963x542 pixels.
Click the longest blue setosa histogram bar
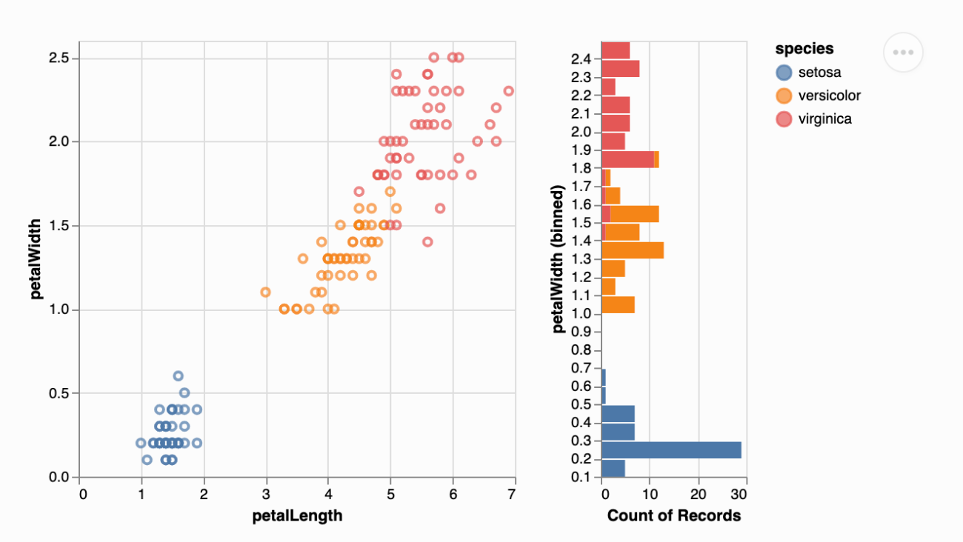pyautogui.click(x=671, y=450)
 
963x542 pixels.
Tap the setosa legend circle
pyautogui.click(x=784, y=73)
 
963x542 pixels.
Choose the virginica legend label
pyautogui.click(x=824, y=118)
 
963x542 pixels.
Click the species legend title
pyautogui.click(x=804, y=49)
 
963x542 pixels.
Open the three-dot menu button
pyautogui.click(x=903, y=53)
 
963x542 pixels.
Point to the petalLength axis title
pyautogui.click(x=296, y=516)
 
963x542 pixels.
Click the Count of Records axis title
pyautogui.click(x=673, y=516)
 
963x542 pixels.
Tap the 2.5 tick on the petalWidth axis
pyautogui.click(x=59, y=58)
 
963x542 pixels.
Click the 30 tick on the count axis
pyautogui.click(x=744, y=493)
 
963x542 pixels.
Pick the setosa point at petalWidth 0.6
pyautogui.click(x=178, y=376)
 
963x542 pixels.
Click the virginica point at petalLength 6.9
pyautogui.click(x=508, y=91)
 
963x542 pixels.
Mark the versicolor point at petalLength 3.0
pyautogui.click(x=265, y=292)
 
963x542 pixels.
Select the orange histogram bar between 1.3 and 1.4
pyautogui.click(x=632, y=250)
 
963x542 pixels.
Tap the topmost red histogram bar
pyautogui.click(x=615, y=50)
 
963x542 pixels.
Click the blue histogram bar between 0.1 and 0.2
pyautogui.click(x=613, y=468)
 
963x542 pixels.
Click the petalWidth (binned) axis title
pyautogui.click(x=560, y=259)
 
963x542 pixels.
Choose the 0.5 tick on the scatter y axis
pyautogui.click(x=59, y=393)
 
